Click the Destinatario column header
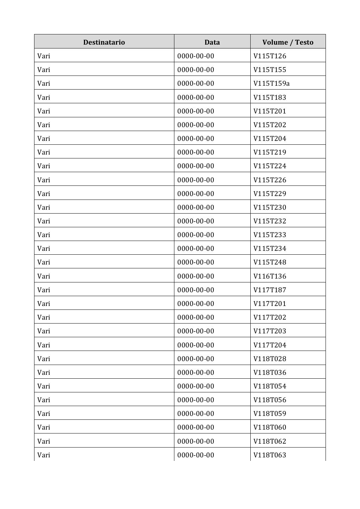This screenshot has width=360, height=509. (x=104, y=42)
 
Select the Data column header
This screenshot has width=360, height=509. (x=212, y=42)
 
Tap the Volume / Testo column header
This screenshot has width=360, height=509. (x=288, y=42)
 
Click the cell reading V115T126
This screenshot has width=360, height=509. (x=270, y=56)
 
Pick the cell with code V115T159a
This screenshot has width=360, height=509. (x=271, y=83)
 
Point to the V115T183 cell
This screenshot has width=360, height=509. (x=270, y=97)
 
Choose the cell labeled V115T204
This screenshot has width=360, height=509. (x=270, y=138)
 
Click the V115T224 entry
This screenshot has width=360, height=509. (x=270, y=166)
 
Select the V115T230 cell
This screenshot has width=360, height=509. (x=270, y=207)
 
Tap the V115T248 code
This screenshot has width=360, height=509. (x=270, y=262)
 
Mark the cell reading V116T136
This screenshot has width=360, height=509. (x=270, y=276)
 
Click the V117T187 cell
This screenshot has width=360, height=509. (x=270, y=290)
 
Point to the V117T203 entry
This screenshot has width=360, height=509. (x=270, y=331)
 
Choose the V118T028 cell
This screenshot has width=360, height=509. (x=270, y=359)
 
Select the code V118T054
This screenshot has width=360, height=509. (x=270, y=386)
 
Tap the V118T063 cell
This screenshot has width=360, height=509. (x=270, y=455)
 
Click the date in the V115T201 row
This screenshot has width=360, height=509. (x=195, y=111)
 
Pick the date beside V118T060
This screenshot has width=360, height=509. (x=195, y=427)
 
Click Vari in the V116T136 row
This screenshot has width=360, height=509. (x=44, y=276)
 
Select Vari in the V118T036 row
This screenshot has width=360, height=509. (x=44, y=372)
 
